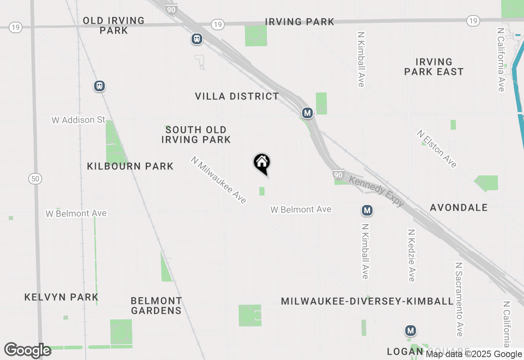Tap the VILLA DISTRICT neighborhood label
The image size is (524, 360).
click(237, 97)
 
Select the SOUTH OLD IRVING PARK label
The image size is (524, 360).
click(196, 135)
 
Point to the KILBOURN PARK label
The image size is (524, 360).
click(130, 166)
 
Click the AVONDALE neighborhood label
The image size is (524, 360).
click(458, 207)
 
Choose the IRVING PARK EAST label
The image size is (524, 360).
click(434, 67)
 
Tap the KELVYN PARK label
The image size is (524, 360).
click(61, 297)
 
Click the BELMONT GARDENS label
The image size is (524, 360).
click(156, 306)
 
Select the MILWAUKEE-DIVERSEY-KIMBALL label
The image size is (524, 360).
click(367, 301)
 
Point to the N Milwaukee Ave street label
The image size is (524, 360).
click(219, 180)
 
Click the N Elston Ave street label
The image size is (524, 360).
click(437, 149)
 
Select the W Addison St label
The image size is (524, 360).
click(78, 120)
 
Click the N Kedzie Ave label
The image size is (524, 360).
click(411, 255)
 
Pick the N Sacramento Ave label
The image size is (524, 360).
click(458, 299)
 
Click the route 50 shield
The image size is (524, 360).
click(36, 178)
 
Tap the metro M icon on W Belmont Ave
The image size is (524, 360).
click(367, 211)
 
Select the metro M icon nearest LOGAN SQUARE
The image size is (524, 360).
click(411, 330)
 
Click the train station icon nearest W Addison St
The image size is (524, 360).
click(99, 86)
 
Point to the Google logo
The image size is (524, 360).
click(28, 351)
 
